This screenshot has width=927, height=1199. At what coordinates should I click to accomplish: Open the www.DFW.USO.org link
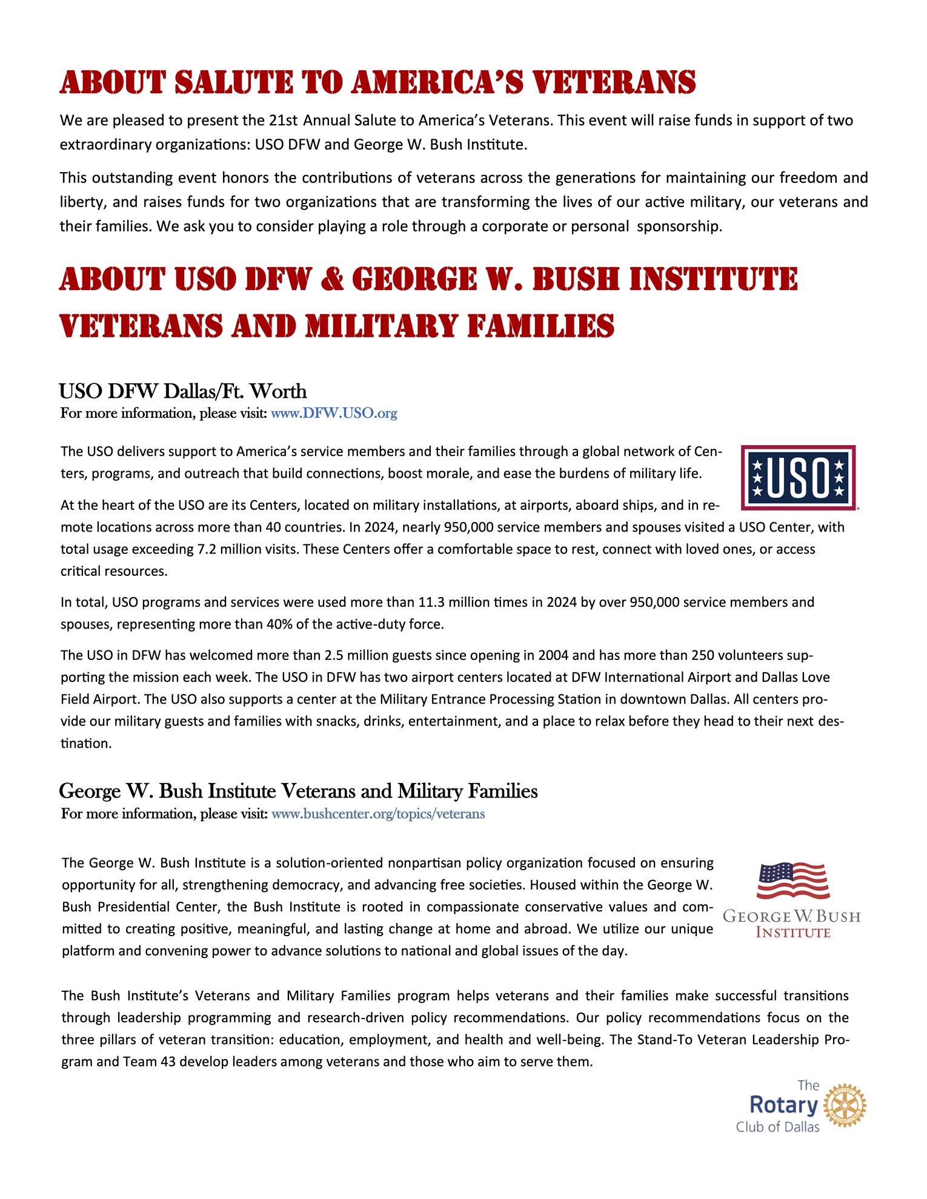[x=334, y=414]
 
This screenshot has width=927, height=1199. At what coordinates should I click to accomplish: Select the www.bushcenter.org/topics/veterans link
[x=378, y=814]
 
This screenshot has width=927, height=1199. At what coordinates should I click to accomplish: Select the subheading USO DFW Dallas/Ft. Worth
[x=182, y=391]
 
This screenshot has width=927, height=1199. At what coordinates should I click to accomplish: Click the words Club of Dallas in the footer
[x=777, y=1127]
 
